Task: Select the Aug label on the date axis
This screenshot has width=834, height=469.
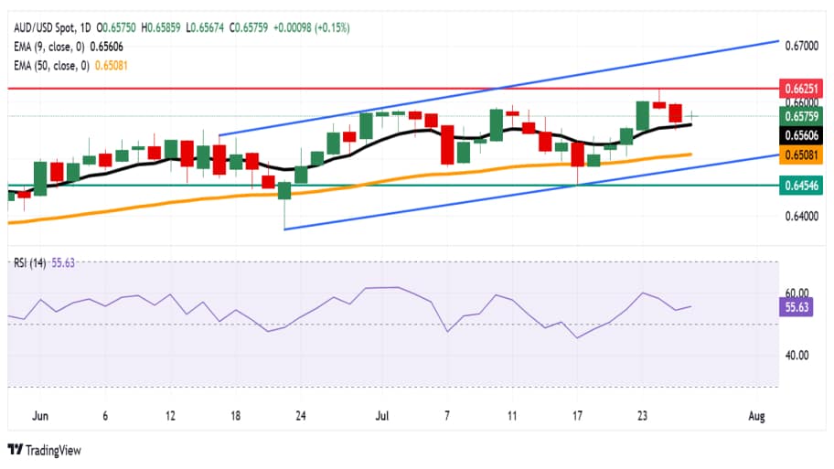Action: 755,416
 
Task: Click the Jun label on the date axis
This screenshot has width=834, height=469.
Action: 40,416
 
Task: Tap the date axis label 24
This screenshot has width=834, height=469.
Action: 300,416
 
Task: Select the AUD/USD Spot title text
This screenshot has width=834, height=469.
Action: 45,10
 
